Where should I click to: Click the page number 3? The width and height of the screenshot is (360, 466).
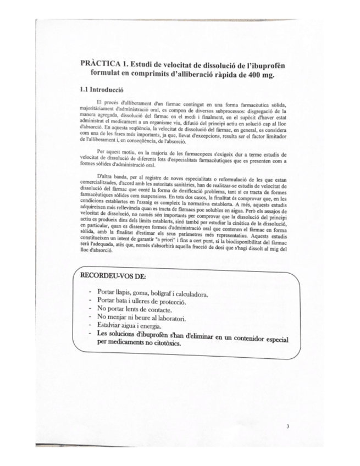287,426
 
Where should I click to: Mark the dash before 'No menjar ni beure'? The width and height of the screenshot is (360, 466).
89,318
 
